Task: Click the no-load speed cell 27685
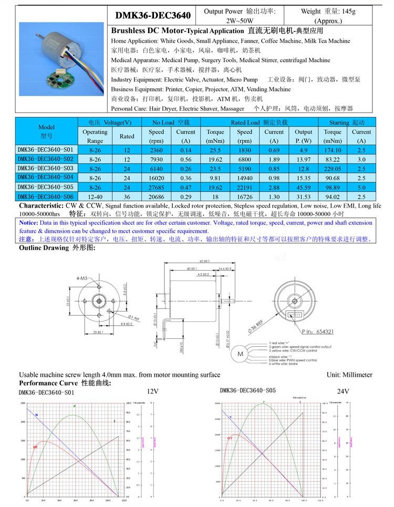[156, 188]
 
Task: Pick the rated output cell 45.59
[303, 188]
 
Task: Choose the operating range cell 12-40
[95, 196]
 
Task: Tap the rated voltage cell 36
[127, 196]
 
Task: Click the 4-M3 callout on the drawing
[82, 278]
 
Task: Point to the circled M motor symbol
[241, 354]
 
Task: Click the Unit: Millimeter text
[349, 375]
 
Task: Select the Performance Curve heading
[65, 383]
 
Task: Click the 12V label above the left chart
[152, 391]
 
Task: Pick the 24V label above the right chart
[343, 391]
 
